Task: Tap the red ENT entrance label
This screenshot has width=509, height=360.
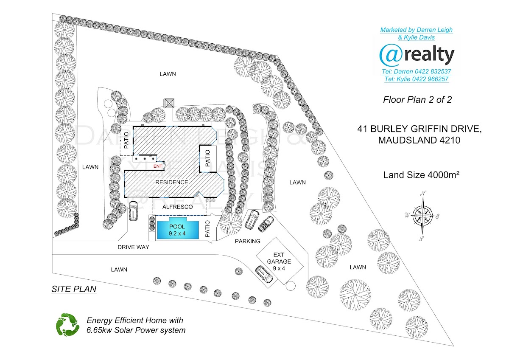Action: tap(158, 166)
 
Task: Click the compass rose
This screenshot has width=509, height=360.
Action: tap(422, 215)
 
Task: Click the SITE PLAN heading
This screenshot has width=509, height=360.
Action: tap(74, 290)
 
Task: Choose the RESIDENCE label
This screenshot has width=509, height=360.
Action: tap(171, 183)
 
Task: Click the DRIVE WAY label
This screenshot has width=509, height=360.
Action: tap(134, 247)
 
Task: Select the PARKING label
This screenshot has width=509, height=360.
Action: tap(247, 242)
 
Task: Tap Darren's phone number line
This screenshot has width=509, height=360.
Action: tap(416, 72)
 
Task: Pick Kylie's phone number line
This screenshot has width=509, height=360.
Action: tap(416, 79)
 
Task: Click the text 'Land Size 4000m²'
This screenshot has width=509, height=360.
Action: tap(422, 174)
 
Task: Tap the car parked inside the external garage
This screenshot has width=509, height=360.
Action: tap(264, 274)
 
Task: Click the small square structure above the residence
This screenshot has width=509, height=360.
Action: tap(169, 103)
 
